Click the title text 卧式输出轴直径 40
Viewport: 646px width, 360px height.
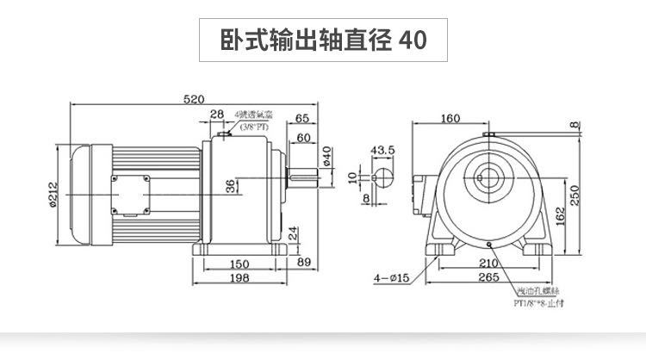[x=322, y=40]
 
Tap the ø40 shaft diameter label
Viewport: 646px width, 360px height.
[x=326, y=157]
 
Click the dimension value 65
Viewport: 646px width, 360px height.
[x=302, y=118]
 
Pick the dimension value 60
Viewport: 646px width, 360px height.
[x=303, y=137]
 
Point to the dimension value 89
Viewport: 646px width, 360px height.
[x=303, y=262]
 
